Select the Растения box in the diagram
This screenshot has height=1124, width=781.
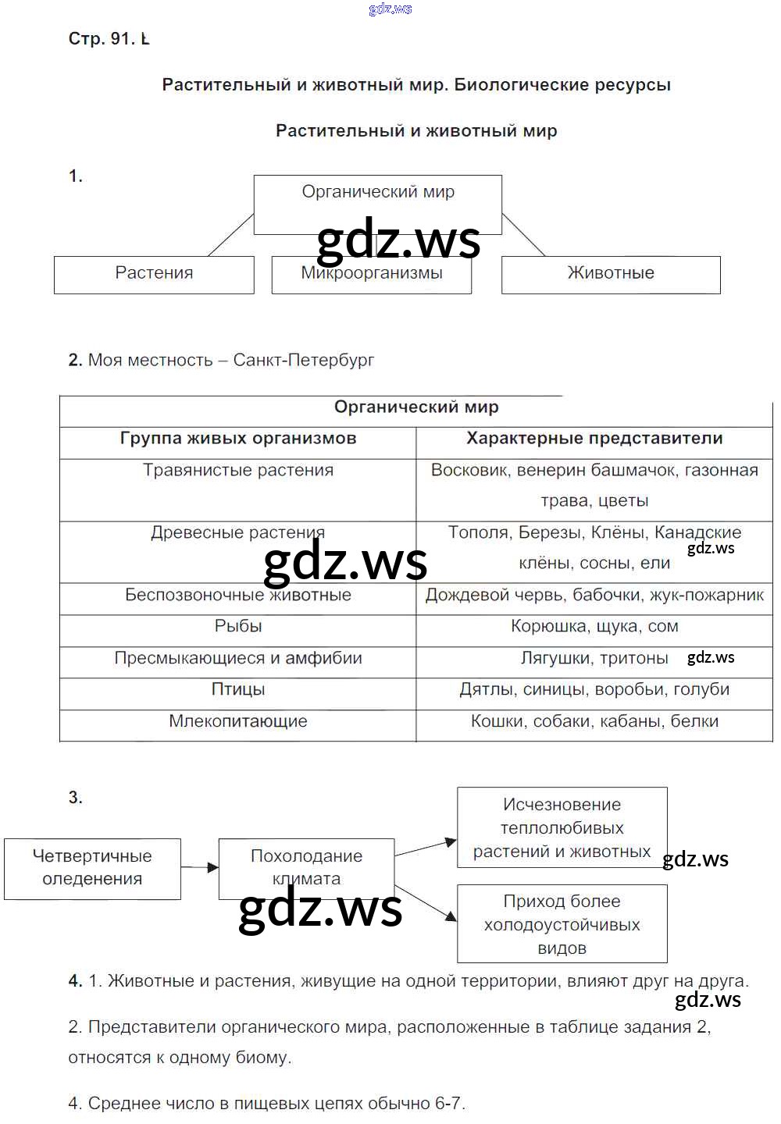154,274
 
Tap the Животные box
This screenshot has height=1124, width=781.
611,274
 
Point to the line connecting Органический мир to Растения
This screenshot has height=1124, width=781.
230,235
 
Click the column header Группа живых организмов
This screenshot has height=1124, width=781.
238,439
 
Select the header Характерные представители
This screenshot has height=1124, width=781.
594,439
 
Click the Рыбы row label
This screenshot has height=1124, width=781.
238,627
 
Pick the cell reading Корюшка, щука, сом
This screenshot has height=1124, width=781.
594,627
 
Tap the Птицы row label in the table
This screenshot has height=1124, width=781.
238,690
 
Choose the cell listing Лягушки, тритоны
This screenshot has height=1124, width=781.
594,659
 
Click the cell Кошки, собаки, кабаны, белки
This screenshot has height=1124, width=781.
594,722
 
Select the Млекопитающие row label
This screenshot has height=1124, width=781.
238,722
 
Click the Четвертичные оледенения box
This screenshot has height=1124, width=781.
92,868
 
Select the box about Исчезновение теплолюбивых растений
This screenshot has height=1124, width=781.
562,827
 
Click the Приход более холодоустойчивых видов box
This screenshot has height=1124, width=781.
562,924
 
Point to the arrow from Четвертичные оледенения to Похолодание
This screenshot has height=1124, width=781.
200,867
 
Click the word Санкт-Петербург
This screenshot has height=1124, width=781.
304,361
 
